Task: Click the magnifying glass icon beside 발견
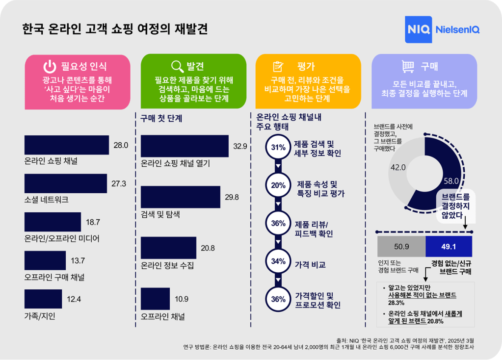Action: pyautogui.click(x=177, y=67)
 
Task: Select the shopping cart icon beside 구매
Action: pyautogui.click(x=408, y=67)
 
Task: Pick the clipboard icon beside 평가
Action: pyautogui.click(x=278, y=67)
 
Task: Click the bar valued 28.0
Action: pyautogui.click(x=67, y=145)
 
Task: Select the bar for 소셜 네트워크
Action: pyautogui.click(x=66, y=183)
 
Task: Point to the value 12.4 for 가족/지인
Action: pyautogui.click(x=74, y=299)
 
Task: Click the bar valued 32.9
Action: pyautogui.click(x=185, y=146)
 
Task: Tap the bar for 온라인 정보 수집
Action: pyautogui.click(x=168, y=248)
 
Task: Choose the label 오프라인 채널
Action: pyautogui.click(x=162, y=317)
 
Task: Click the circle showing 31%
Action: pyautogui.click(x=278, y=147)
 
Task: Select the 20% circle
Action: pyautogui.click(x=278, y=185)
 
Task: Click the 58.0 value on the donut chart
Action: pyautogui.click(x=451, y=180)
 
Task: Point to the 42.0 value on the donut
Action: pyautogui.click(x=397, y=167)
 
